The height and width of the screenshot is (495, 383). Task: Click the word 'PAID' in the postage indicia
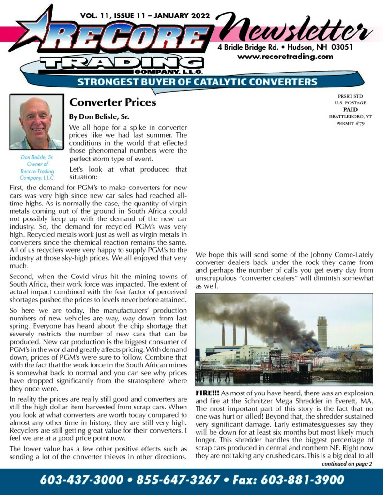coord(347,110)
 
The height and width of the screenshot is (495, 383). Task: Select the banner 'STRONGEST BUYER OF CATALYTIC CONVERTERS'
coord(197,82)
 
